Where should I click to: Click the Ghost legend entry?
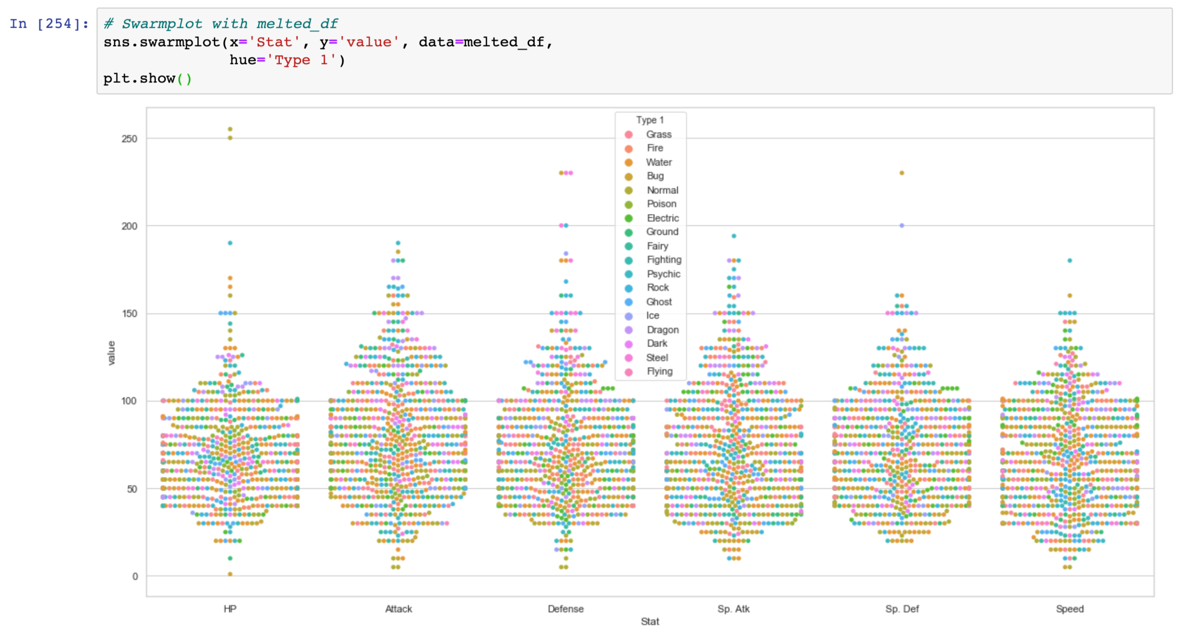(x=658, y=302)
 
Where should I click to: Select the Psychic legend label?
(x=663, y=274)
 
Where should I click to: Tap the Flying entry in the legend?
(x=659, y=371)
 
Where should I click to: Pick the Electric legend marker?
(x=628, y=218)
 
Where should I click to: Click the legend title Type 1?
(x=649, y=120)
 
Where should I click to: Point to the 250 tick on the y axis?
(x=129, y=139)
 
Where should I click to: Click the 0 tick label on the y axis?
(x=135, y=576)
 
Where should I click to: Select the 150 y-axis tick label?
(x=129, y=314)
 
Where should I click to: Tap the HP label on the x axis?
(x=229, y=609)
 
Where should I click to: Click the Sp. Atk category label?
(x=733, y=609)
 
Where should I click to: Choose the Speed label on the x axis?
(x=1069, y=609)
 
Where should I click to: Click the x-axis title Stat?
(x=649, y=621)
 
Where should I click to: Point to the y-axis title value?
(x=111, y=353)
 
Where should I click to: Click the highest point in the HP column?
(x=230, y=129)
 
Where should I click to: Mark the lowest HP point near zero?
(x=230, y=574)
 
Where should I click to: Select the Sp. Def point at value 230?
(x=901, y=173)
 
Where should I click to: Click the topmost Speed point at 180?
(x=1069, y=261)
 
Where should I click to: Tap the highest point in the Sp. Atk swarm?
(x=733, y=236)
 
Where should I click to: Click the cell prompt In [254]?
(x=49, y=24)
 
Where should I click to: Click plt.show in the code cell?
(x=139, y=78)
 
